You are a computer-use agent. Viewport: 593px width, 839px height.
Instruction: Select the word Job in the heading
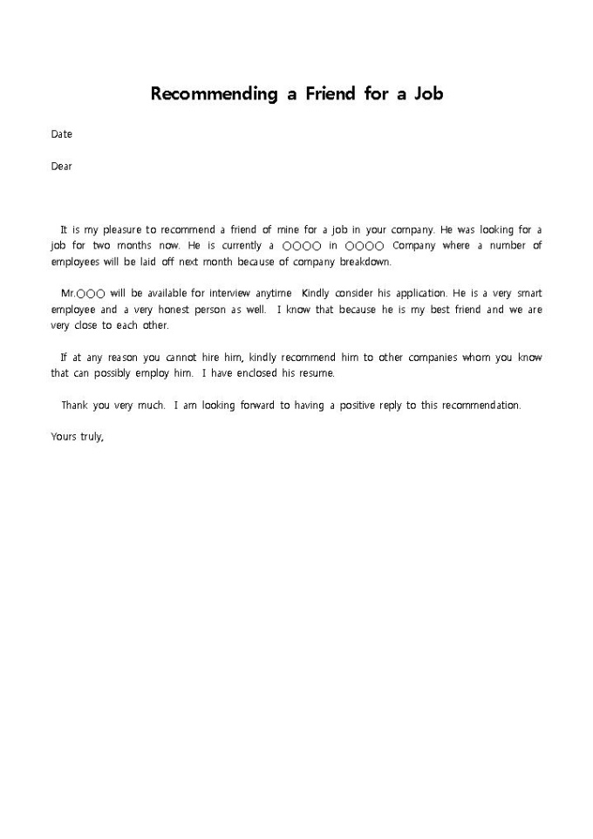(x=427, y=93)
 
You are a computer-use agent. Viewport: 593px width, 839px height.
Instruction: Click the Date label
(x=61, y=134)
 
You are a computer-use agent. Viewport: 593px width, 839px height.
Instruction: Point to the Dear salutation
(x=61, y=167)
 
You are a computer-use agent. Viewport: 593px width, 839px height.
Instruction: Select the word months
(x=138, y=246)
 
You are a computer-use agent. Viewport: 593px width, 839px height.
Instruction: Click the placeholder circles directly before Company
(x=365, y=246)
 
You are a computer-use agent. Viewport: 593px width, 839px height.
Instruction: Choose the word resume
(x=316, y=373)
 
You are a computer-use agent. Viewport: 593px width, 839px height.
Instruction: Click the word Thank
(x=75, y=406)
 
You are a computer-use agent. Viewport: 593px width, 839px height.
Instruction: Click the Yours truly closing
(x=77, y=438)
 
